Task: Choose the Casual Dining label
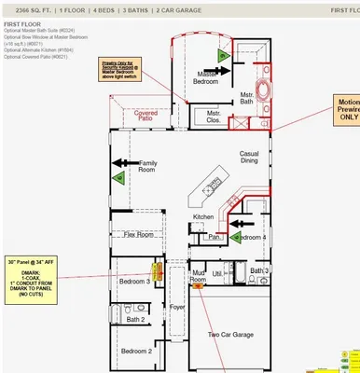tap(249, 158)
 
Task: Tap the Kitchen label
tap(203, 216)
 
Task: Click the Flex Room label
tap(139, 235)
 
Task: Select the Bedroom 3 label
tap(134, 281)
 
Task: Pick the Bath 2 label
tap(136, 319)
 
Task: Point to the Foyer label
tap(177, 306)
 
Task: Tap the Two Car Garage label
tap(229, 333)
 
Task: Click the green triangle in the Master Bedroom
tap(222, 56)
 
